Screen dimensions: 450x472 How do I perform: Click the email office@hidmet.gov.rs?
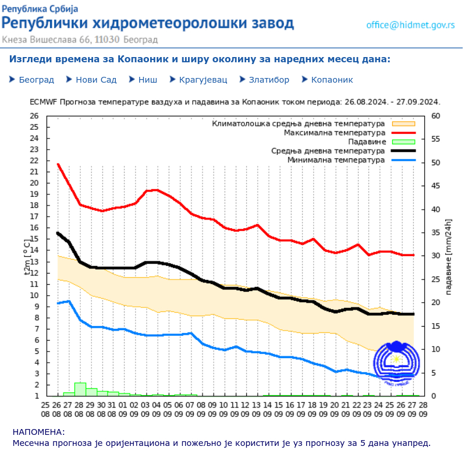[x=410, y=24]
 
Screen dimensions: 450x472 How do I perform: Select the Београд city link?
[x=36, y=80]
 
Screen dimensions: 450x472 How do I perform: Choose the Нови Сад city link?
[x=96, y=80]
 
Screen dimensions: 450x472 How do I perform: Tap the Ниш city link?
[x=147, y=80]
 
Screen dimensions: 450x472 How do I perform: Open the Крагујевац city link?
[x=203, y=80]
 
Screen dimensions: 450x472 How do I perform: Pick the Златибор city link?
[x=269, y=80]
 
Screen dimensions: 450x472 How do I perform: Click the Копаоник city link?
[x=332, y=80]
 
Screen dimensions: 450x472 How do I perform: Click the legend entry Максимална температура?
[x=334, y=133]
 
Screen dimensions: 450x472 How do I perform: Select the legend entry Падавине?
[x=367, y=141]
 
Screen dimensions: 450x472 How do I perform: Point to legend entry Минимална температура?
[x=336, y=160]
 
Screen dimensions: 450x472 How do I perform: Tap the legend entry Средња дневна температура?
[x=328, y=151]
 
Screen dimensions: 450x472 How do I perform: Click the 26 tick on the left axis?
[x=34, y=116]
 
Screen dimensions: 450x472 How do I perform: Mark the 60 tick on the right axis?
[x=436, y=116]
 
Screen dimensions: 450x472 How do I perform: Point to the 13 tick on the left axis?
[x=34, y=262]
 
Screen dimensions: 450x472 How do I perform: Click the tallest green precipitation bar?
[x=80, y=389]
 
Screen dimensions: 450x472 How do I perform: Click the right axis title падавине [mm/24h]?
[x=449, y=256]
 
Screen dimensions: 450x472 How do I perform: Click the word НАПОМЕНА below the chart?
[x=38, y=432]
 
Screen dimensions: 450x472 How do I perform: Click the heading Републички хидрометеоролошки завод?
[x=148, y=23]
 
